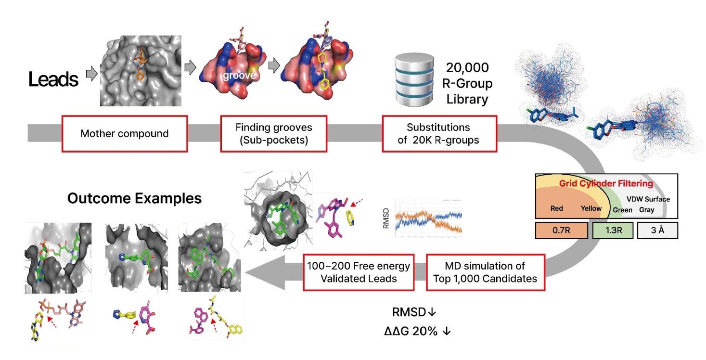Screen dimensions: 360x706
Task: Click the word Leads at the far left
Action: [53, 79]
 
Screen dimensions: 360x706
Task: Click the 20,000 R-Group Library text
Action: [467, 84]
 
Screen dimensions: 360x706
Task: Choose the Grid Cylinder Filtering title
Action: [605, 183]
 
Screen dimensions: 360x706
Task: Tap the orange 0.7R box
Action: [561, 231]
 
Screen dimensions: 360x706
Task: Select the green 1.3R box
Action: [613, 231]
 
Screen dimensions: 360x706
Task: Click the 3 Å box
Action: [657, 231]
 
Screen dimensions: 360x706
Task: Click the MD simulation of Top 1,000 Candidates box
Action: [485, 272]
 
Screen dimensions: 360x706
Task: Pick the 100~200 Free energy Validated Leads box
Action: [359, 272]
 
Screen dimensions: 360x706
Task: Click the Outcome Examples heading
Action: [134, 198]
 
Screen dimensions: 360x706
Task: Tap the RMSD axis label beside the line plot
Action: [386, 218]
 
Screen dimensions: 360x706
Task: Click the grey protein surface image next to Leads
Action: [141, 71]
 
